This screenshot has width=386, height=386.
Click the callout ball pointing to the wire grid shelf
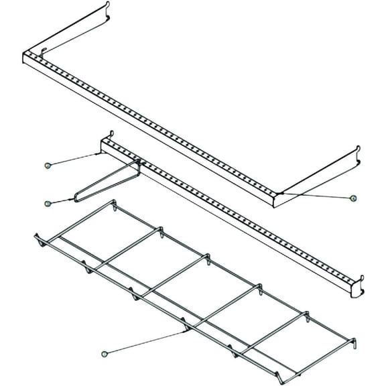click(105, 353)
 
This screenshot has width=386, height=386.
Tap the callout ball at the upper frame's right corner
click(353, 198)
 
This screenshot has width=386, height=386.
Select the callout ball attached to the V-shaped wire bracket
click(47, 203)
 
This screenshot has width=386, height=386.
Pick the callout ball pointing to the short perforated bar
click(48, 165)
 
